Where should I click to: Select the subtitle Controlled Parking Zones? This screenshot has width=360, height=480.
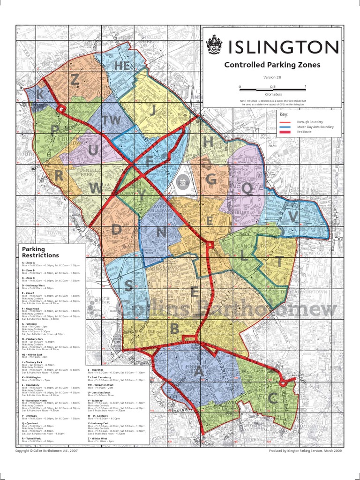pos(272,65)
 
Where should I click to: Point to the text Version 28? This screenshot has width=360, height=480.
pos(272,77)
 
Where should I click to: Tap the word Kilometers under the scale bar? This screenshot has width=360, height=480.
pos(272,94)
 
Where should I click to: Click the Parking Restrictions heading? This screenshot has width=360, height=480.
pos(40,252)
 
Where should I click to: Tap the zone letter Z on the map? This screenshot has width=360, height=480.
pos(75,80)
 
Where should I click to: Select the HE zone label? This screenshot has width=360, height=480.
pos(122,66)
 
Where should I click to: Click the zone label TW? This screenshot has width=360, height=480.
pos(112,120)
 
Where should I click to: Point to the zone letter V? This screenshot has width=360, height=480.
pos(293,216)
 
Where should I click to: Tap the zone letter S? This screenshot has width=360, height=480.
pos(128,285)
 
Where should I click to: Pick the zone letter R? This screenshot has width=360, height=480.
pos(59,176)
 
